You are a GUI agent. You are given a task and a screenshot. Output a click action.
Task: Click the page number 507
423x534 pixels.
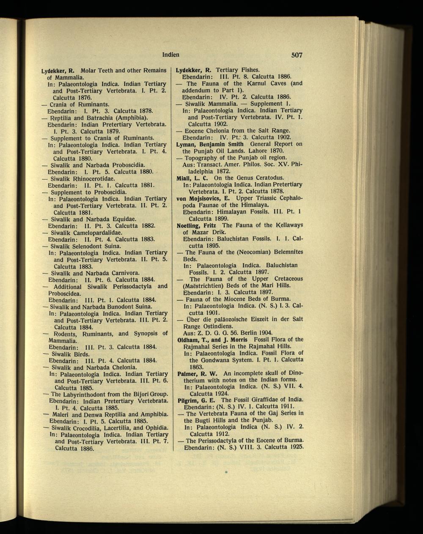click(297, 55)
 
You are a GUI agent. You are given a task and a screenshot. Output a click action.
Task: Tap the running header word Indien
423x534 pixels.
click(171, 55)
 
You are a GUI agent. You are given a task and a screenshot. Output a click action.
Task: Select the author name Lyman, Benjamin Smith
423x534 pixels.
click(209, 144)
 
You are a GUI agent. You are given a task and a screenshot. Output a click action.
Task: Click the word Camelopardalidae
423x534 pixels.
click(96, 233)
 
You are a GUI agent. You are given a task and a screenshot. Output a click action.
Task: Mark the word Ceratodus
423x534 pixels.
click(265, 178)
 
